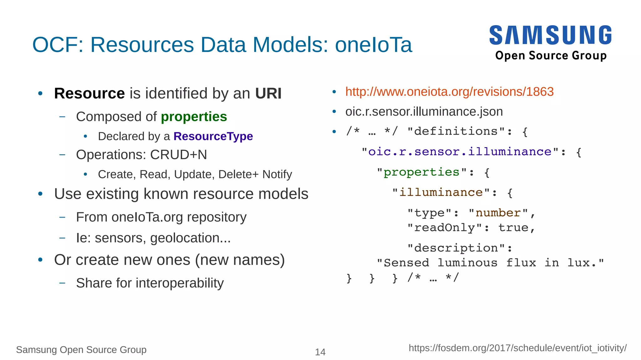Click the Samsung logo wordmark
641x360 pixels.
click(551, 35)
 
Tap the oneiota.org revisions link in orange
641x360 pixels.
click(449, 92)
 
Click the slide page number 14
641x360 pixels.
click(320, 352)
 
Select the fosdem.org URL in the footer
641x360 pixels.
click(517, 348)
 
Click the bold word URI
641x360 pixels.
click(268, 94)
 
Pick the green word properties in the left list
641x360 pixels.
click(194, 117)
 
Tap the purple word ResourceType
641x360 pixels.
click(213, 136)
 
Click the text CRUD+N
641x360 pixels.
click(178, 155)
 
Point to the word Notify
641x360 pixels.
click(277, 174)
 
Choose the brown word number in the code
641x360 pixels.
click(498, 213)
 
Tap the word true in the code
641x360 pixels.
click(513, 228)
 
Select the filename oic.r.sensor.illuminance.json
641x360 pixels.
click(424, 112)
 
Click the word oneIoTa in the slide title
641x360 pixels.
click(373, 45)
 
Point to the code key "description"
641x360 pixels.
click(456, 248)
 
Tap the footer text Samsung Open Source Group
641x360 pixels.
click(81, 350)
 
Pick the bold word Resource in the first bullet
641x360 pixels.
click(90, 94)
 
